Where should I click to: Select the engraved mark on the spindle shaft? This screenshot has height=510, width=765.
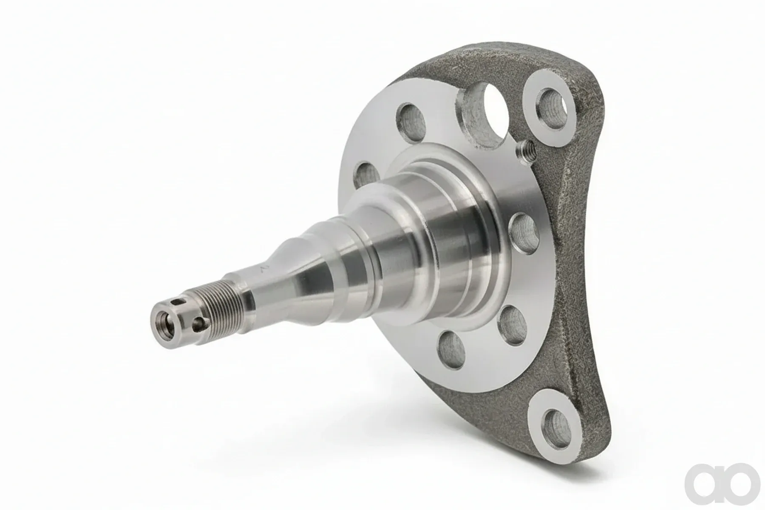click(x=265, y=268)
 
